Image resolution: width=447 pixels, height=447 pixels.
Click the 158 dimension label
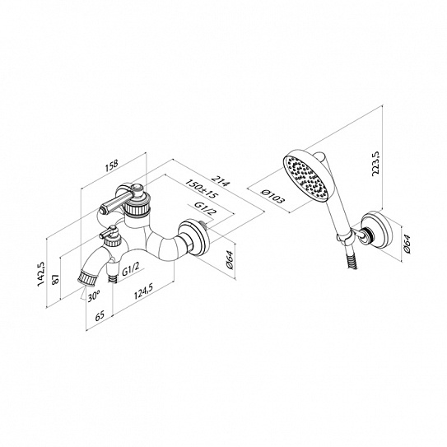point(111,166)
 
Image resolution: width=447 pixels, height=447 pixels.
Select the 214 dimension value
point(220,180)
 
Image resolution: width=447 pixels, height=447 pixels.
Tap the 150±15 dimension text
point(202,189)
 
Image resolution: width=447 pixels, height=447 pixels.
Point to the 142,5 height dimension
point(41,273)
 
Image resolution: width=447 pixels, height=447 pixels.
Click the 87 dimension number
point(55,279)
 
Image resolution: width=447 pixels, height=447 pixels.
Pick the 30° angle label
point(94,296)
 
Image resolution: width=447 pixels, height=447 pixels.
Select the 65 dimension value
point(100,316)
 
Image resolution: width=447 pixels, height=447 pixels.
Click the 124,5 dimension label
point(143,291)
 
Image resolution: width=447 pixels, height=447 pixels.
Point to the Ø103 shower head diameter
point(272,197)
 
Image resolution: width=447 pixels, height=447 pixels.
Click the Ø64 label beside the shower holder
point(407,244)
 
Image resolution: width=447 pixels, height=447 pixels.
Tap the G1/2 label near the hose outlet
point(131,269)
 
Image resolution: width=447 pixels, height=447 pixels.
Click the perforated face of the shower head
point(306,178)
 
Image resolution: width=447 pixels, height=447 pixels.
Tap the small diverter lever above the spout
point(108,231)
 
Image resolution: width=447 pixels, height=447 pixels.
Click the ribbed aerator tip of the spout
point(88,278)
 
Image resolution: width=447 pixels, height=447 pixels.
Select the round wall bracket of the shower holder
point(375,230)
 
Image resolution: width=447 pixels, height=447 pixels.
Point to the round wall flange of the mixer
point(194,237)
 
